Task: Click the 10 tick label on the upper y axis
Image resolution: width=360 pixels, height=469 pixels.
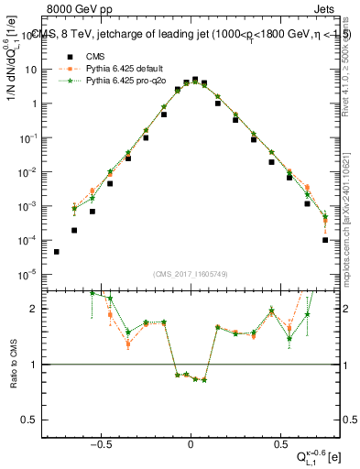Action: [32, 70]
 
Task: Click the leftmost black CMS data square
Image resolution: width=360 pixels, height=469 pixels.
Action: [57, 252]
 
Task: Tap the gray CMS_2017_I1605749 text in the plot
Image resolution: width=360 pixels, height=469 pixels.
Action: [190, 273]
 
